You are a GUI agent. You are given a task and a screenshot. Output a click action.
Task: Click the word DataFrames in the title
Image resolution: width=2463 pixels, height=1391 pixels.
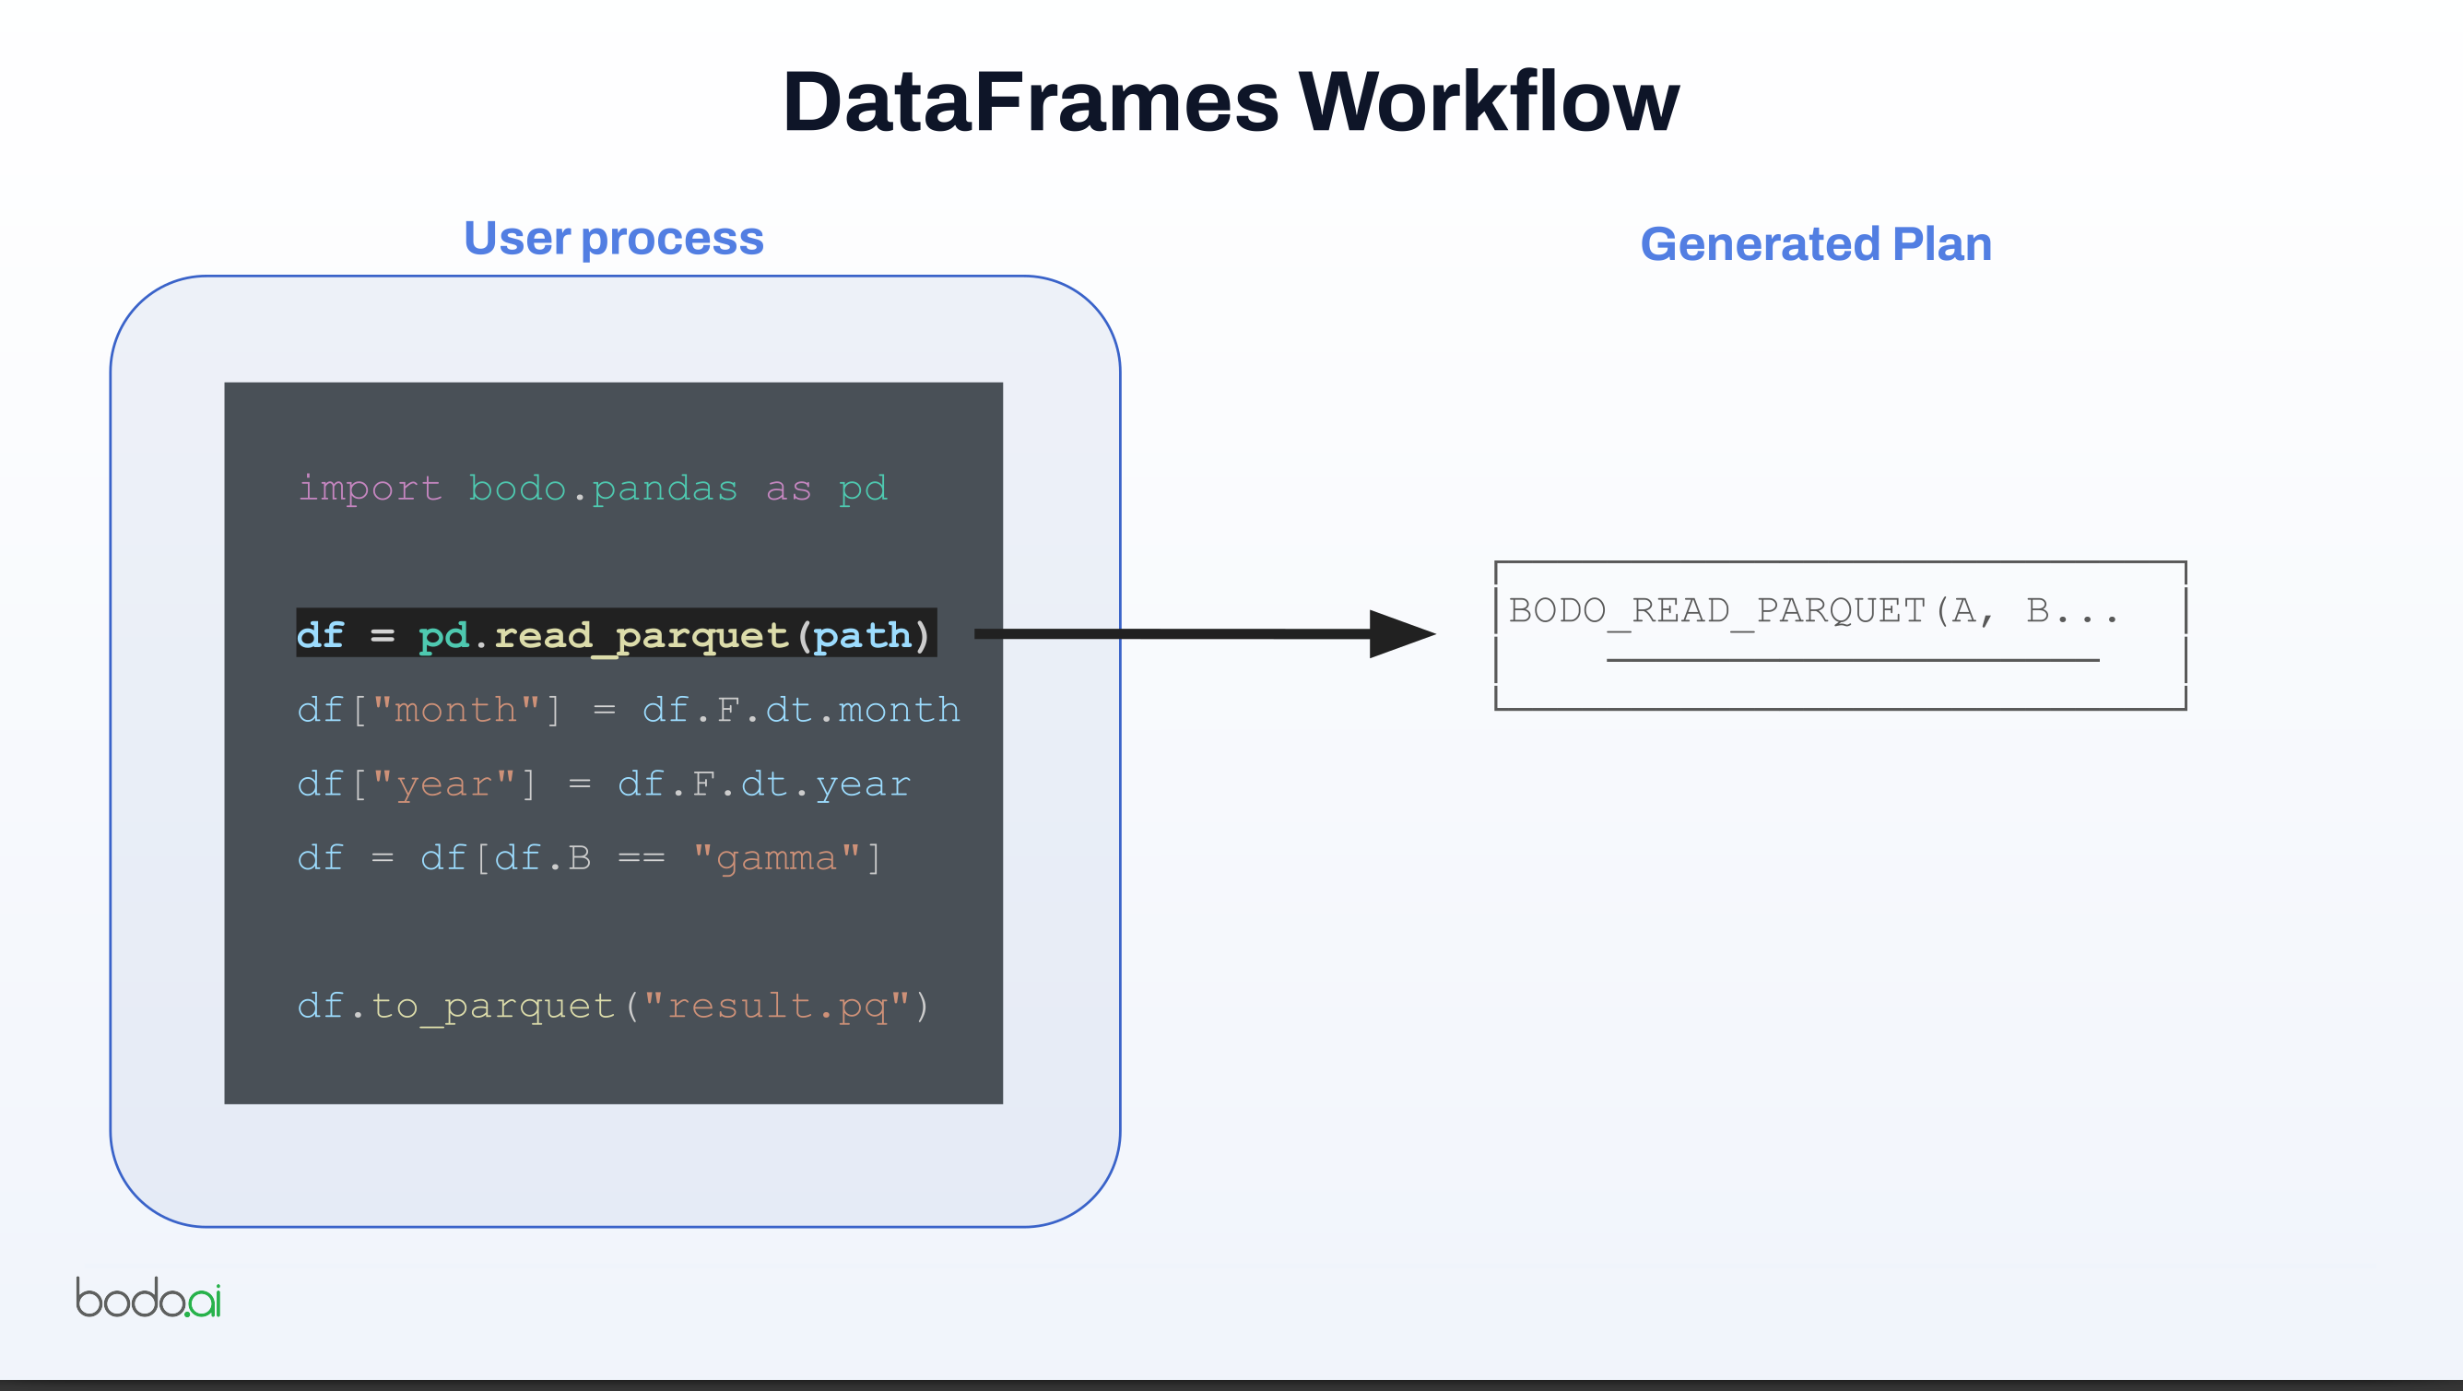pyautogui.click(x=1030, y=102)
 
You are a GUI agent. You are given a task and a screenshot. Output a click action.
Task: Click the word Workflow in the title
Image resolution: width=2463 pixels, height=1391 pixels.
pyautogui.click(x=1488, y=102)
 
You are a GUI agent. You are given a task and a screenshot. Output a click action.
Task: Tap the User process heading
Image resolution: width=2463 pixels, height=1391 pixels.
pyautogui.click(x=613, y=239)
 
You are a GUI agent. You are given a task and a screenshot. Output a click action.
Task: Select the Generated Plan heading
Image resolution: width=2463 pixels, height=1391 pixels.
pyautogui.click(x=1816, y=245)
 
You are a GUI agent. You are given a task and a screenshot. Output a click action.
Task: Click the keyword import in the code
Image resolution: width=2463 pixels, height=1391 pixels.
pyautogui.click(x=370, y=489)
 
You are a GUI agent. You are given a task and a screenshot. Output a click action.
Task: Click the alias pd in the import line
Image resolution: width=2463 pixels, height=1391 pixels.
pyautogui.click(x=863, y=489)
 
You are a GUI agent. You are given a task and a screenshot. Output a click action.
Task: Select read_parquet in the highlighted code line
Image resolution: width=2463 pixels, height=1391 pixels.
pyautogui.click(x=641, y=635)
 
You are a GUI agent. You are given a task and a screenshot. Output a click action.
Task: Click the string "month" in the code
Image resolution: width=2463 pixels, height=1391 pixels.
pyautogui.click(x=455, y=711)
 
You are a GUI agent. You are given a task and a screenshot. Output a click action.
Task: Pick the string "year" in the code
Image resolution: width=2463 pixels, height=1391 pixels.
pyautogui.click(x=443, y=784)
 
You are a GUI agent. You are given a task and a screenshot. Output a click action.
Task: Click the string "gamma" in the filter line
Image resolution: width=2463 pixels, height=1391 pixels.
pyautogui.click(x=775, y=857)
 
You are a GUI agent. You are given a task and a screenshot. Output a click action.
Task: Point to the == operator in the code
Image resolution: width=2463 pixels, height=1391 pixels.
pyautogui.click(x=641, y=857)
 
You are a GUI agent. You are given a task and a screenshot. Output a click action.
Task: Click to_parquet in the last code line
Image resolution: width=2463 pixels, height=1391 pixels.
pyautogui.click(x=492, y=1006)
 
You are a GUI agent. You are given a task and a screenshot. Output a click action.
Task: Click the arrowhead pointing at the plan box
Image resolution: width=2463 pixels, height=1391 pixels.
pyautogui.click(x=1401, y=634)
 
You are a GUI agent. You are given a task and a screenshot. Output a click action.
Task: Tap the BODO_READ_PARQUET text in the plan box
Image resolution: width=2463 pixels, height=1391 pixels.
pyautogui.click(x=1716, y=610)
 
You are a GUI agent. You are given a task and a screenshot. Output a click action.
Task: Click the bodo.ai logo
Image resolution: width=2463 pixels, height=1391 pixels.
pyautogui.click(x=148, y=1298)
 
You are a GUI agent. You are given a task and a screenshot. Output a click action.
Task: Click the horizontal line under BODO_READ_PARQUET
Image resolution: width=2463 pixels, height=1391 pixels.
pyautogui.click(x=1852, y=660)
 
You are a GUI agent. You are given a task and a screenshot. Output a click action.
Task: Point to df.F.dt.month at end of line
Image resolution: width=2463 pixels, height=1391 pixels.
pyautogui.click(x=800, y=711)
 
